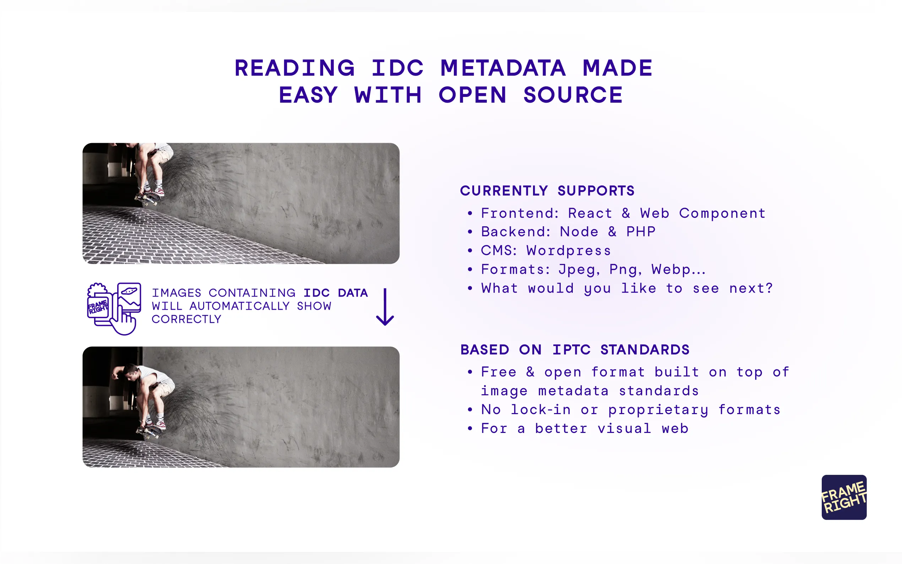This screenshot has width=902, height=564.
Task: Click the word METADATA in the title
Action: pos(502,68)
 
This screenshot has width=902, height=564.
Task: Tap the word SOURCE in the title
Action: pos(573,95)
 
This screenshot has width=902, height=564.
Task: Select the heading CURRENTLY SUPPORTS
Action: pos(547,191)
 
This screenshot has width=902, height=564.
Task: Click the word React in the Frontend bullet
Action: pos(589,213)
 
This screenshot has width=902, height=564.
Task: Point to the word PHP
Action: pos(641,232)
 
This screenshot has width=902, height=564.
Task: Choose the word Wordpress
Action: pos(568,251)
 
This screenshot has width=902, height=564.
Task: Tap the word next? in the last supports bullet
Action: pos(751,288)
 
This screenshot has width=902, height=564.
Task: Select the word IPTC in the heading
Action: pos(572,349)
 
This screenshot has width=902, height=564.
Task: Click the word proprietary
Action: pos(658,410)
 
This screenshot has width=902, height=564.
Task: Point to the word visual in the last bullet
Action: pos(624,429)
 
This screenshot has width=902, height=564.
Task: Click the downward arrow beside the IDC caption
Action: pos(385,307)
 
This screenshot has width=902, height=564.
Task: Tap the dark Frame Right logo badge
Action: pos(844,497)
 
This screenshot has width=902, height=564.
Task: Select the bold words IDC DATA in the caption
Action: pos(335,293)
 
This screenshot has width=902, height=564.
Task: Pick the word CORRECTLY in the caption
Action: pos(186,319)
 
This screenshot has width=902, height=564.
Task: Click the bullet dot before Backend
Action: pos(470,232)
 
